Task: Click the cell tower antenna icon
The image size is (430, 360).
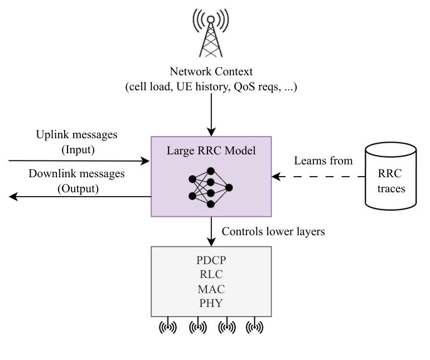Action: point(211,33)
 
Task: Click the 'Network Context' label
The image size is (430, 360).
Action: point(211,72)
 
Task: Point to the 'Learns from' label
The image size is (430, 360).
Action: point(323,161)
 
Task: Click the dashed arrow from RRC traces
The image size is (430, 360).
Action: point(318,178)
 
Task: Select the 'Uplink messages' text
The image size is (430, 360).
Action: point(77,135)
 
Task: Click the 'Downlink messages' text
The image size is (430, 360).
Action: point(77,174)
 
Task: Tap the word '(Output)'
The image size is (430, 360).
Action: point(78,188)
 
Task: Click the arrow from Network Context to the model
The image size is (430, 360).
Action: point(211,114)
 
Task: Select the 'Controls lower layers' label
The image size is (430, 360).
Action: point(273,231)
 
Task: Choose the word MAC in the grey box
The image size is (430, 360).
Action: point(211,289)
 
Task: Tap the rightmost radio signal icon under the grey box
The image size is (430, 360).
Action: point(254,327)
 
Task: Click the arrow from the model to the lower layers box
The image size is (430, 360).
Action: point(211,231)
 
